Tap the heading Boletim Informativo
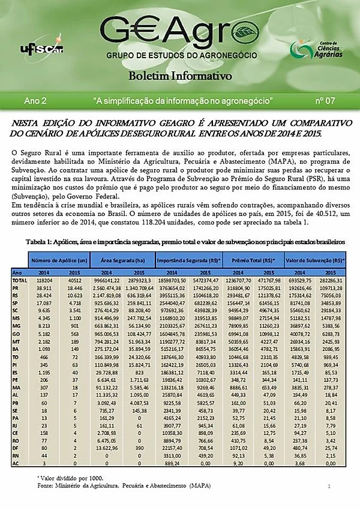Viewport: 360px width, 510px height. pyautogui.click(x=179, y=77)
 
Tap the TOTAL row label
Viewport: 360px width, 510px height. pyautogui.click(x=20, y=280)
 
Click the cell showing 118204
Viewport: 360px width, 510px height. pyautogui.click(x=43, y=280)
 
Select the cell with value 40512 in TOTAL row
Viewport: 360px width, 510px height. pyautogui.click(x=75, y=280)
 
